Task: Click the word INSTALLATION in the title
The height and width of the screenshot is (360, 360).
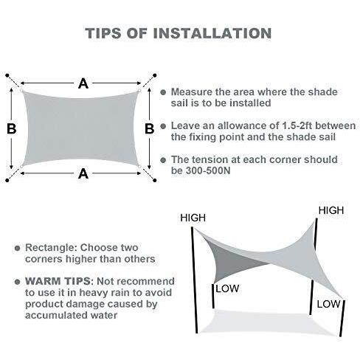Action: tap(212, 33)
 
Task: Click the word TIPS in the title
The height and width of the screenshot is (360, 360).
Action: tap(103, 33)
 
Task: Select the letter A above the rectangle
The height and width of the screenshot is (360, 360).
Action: tap(83, 83)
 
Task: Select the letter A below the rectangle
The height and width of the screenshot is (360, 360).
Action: tap(83, 174)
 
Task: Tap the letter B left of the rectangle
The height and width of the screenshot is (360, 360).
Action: tap(12, 128)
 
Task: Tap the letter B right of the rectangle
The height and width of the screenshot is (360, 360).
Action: tap(149, 128)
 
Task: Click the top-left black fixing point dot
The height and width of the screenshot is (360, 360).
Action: tap(7, 75)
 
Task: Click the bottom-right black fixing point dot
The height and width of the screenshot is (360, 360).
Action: tap(155, 180)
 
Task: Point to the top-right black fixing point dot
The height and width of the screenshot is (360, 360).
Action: tap(155, 75)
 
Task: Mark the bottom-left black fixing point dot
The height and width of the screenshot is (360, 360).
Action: tap(7, 180)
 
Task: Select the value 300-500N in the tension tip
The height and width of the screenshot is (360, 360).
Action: tap(208, 170)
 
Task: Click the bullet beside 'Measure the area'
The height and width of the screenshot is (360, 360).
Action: tap(163, 92)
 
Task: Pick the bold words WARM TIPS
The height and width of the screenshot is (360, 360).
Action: tap(58, 281)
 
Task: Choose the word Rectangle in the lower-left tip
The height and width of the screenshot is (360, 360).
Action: tap(49, 248)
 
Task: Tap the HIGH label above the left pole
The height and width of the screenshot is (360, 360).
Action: tap(193, 218)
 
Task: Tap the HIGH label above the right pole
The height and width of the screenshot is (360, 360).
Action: tap(331, 210)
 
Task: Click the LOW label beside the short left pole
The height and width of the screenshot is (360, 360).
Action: tap(227, 288)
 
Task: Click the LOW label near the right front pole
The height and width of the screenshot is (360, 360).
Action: tap(328, 304)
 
